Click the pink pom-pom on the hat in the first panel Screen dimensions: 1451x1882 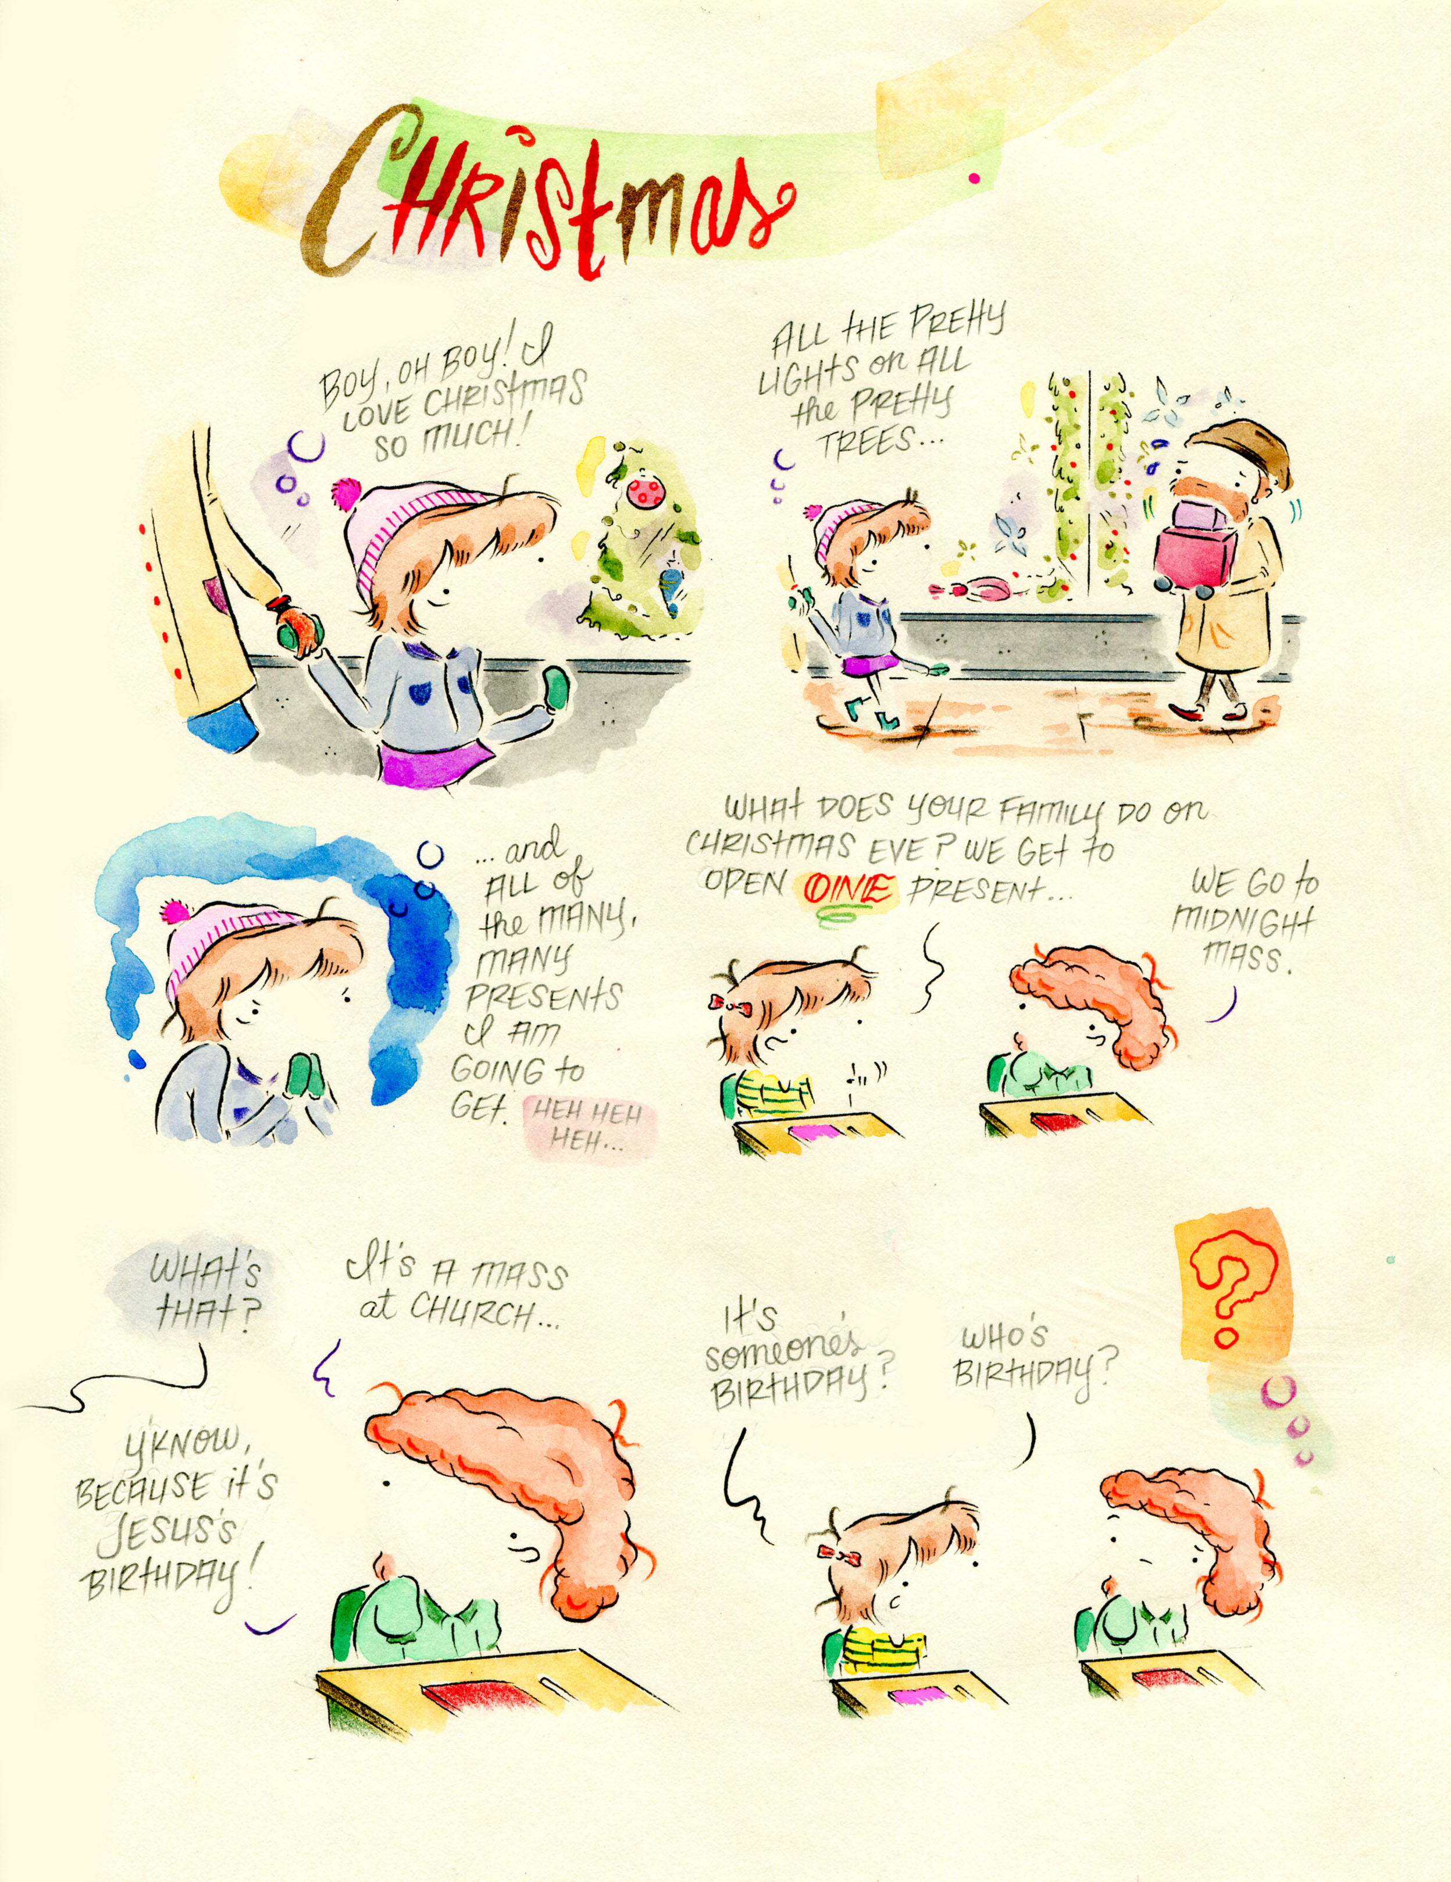(347, 494)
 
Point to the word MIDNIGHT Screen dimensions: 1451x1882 (1244, 924)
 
